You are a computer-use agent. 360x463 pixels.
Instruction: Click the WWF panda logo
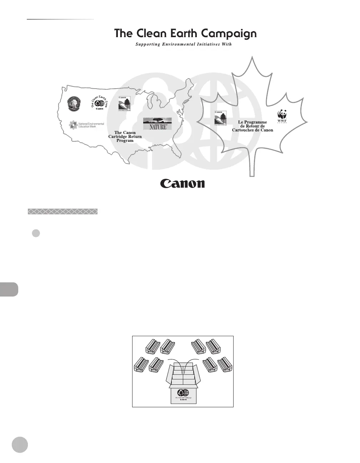[282, 116]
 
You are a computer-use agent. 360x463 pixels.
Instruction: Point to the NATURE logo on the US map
[157, 124]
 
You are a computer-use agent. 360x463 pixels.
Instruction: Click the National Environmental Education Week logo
[87, 125]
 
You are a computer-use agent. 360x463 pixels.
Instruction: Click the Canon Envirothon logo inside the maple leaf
[220, 118]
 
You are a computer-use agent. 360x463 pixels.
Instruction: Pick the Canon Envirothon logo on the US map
[124, 104]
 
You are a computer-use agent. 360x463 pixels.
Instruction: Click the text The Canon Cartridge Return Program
[125, 136]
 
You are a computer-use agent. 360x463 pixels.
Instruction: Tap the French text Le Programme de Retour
[252, 126]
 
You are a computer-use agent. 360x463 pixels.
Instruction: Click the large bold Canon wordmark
[182, 183]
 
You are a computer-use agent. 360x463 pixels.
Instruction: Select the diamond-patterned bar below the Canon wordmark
[62, 211]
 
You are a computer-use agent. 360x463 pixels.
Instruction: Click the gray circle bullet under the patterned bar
[36, 233]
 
